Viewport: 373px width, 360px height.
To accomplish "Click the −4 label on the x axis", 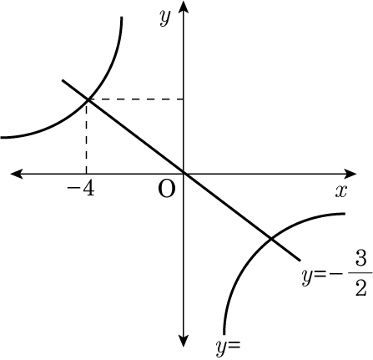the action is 81,190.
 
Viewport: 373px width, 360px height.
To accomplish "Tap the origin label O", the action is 167,190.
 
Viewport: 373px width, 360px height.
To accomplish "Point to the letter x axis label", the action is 341,191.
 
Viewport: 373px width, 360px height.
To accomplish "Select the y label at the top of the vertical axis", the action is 164,18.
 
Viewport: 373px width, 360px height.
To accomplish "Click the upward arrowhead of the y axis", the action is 184,7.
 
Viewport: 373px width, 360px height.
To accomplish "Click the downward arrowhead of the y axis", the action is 184,341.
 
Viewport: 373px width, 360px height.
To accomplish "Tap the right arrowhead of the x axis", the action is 350,174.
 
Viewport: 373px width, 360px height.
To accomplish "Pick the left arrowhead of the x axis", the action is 17,174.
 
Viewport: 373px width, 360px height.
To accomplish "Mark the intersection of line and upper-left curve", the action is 88,99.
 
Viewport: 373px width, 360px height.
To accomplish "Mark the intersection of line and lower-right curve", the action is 271,238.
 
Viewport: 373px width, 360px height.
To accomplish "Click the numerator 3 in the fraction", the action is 360,261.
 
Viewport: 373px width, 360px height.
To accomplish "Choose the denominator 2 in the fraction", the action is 360,287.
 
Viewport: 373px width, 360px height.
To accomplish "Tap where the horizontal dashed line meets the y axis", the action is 184,99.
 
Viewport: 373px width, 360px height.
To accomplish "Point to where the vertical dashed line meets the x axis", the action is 87,174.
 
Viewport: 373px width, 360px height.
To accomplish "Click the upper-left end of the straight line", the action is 63,80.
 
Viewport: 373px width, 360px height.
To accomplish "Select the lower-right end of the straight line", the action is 300,261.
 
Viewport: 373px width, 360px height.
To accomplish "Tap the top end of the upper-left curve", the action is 122,18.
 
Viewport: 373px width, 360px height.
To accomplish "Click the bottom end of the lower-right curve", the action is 224,333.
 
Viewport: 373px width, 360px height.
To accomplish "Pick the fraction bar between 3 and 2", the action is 360,273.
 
